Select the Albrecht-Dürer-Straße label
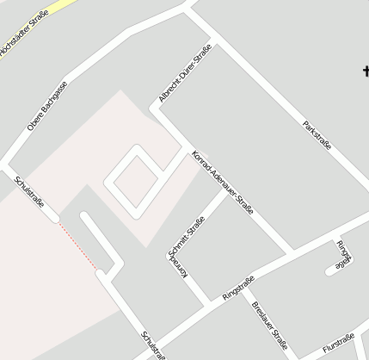pyautogui.click(x=184, y=76)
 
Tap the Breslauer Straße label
pyautogui.click(x=269, y=325)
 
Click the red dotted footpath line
pyautogui.click(x=78, y=246)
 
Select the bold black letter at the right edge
pyautogui.click(x=365, y=73)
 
